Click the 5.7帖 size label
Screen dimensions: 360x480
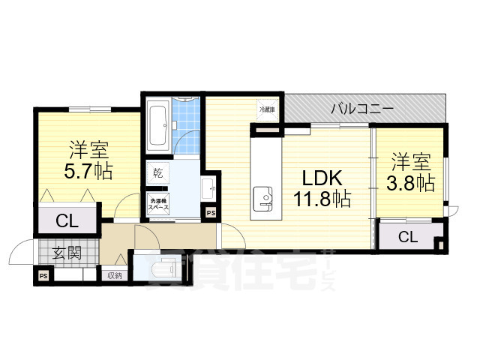88,172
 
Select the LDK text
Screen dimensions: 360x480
322,178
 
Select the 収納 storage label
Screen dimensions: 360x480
114,275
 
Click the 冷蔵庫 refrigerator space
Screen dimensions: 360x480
268,110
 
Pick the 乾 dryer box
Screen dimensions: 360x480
157,172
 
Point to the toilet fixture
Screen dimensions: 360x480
165,269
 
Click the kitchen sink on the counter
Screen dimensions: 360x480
263,196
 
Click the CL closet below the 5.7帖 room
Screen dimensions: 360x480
66,220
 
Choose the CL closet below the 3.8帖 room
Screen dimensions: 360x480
407,238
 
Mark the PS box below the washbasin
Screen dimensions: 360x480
211,214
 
